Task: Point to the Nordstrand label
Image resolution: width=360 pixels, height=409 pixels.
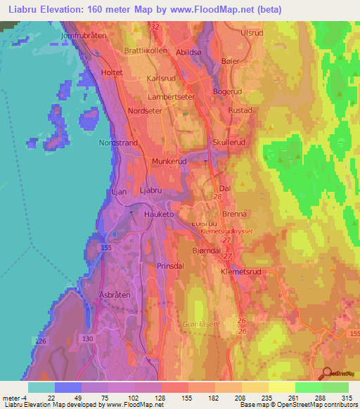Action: click(x=117, y=143)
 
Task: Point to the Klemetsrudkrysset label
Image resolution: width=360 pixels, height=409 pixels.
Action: click(x=226, y=230)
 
